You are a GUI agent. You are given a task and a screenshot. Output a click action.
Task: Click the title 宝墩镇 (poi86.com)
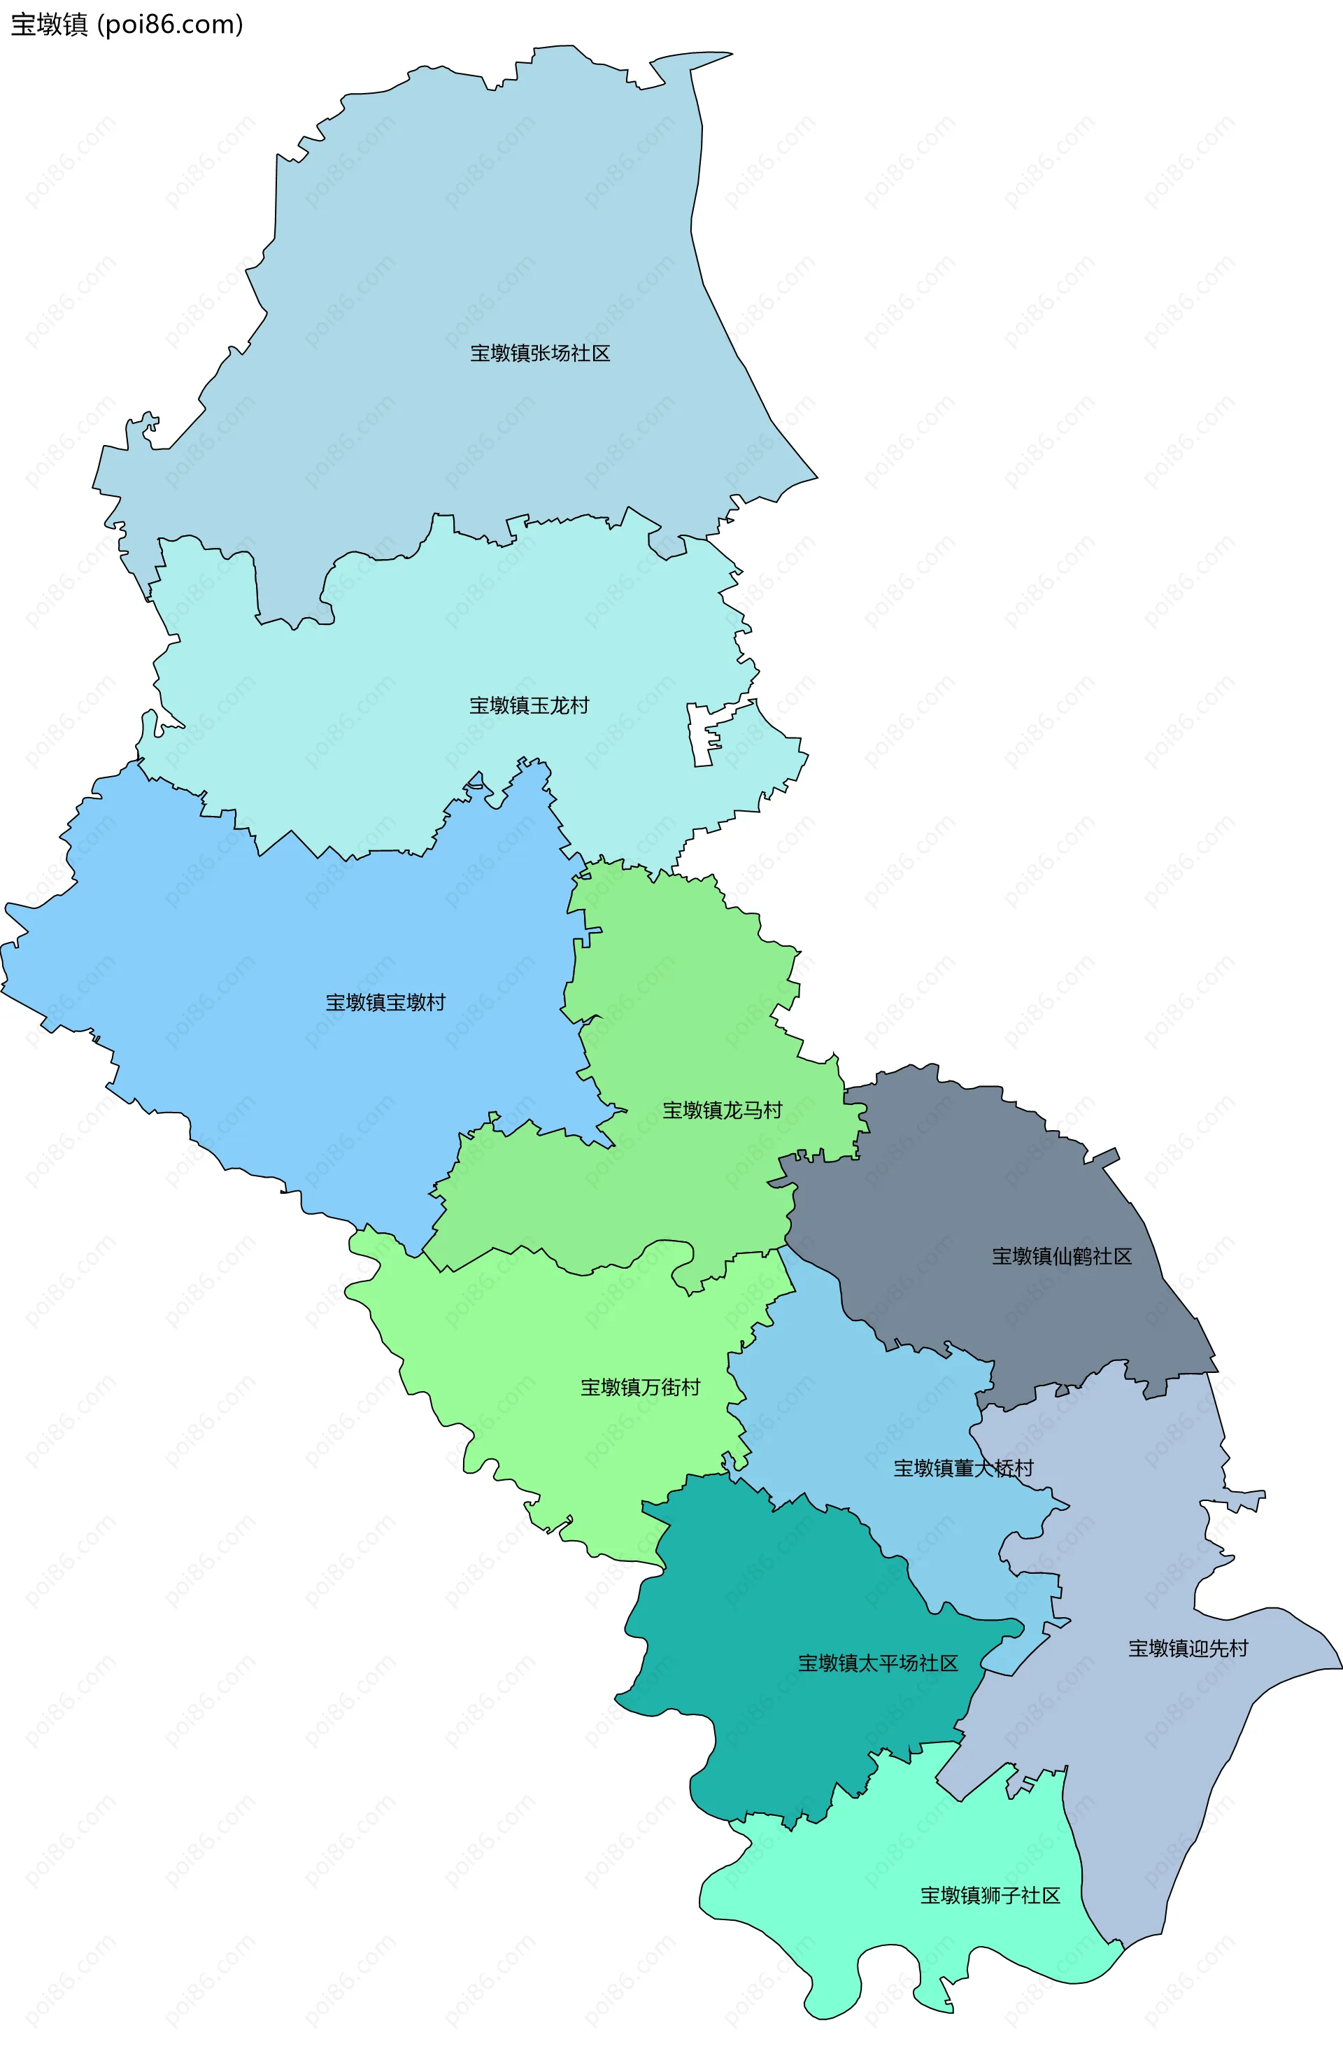(127, 24)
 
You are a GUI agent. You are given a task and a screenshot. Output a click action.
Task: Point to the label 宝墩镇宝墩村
(385, 1002)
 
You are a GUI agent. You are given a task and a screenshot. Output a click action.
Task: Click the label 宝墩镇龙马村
(722, 1110)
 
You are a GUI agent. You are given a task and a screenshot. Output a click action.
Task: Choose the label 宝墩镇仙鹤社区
(1061, 1255)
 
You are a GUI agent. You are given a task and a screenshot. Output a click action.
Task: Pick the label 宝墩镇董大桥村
(963, 1468)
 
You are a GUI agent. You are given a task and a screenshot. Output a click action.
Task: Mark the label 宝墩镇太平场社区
(877, 1663)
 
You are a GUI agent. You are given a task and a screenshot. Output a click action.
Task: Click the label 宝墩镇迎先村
(1187, 1649)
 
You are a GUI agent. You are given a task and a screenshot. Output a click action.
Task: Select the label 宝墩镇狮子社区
(990, 1895)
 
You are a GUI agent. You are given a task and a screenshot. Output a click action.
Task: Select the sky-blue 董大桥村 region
(867, 1406)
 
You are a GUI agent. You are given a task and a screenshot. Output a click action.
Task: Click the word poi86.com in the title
(170, 24)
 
